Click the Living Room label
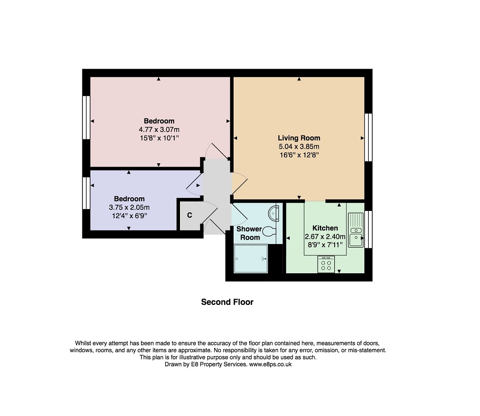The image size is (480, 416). click(x=299, y=138)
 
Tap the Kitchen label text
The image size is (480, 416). click(x=325, y=228)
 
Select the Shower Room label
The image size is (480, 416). click(x=249, y=233)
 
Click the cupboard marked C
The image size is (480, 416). click(x=189, y=215)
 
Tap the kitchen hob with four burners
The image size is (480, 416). click(x=326, y=265)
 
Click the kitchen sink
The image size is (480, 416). click(x=355, y=229)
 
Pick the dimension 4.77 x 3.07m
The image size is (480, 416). click(x=159, y=130)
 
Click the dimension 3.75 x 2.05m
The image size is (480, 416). click(x=129, y=207)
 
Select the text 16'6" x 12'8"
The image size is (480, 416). click(x=299, y=155)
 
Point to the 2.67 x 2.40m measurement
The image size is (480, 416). click(x=325, y=236)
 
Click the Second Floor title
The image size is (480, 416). click(x=227, y=302)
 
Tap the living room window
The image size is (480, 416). click(x=368, y=137)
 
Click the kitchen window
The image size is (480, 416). click(x=368, y=229)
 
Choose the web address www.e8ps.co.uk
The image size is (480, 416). click(x=270, y=364)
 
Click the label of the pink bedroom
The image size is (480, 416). click(x=159, y=121)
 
